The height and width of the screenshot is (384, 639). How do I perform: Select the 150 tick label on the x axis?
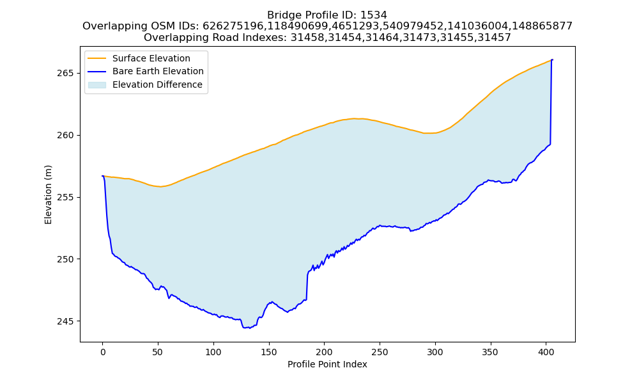(268, 352)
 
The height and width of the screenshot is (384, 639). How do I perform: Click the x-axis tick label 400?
(546, 352)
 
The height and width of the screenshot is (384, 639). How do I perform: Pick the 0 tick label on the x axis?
(103, 352)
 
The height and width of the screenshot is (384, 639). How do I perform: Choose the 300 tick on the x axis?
(435, 352)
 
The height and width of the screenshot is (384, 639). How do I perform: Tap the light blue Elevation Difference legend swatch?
(97, 85)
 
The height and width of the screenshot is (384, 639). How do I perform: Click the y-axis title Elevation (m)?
(48, 195)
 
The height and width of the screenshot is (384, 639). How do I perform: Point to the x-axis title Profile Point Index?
(327, 364)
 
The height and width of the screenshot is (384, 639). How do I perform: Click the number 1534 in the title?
(373, 15)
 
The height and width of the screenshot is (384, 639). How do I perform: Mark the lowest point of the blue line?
(249, 328)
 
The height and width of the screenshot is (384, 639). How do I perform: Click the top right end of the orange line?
(552, 60)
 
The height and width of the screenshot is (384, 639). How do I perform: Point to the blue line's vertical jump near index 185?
(307, 285)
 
